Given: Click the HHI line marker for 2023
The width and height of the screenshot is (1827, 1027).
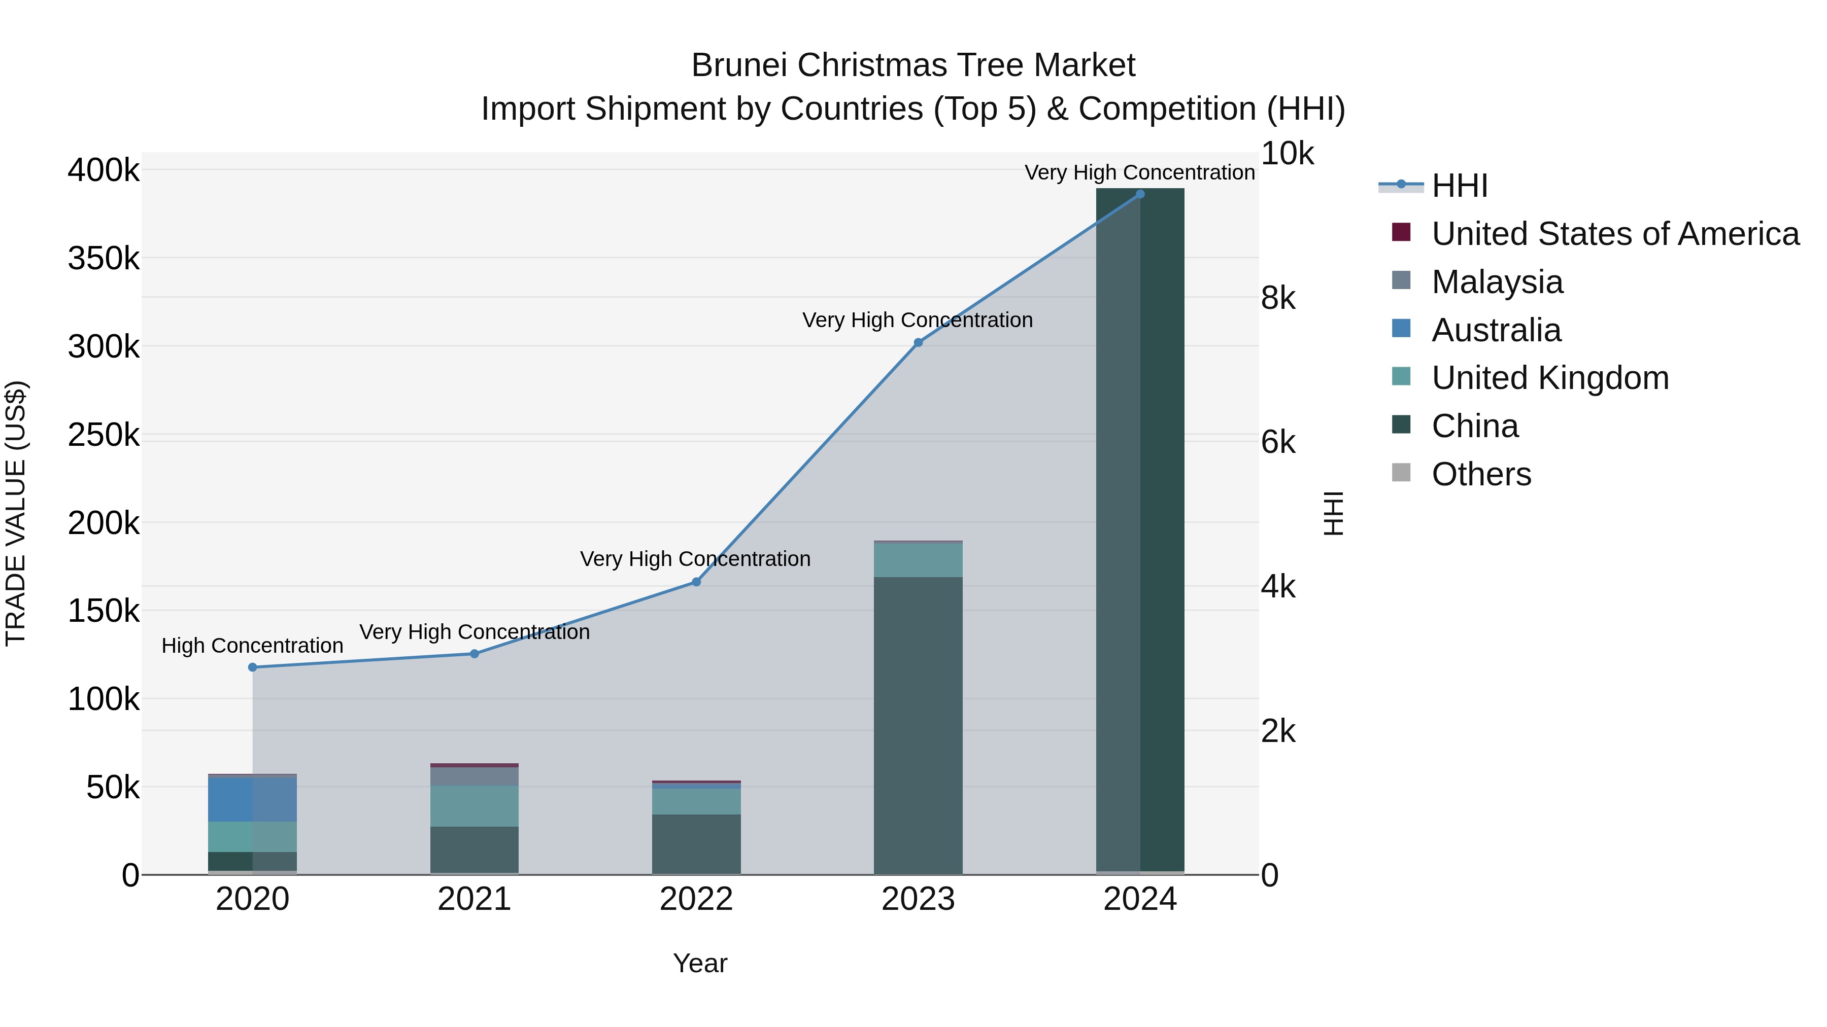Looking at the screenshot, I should tap(918, 342).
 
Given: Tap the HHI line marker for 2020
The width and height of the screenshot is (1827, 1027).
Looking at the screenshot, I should tap(253, 667).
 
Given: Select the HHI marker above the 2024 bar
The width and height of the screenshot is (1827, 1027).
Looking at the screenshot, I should tap(1140, 194).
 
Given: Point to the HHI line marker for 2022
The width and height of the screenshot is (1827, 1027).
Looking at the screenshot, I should tap(696, 582).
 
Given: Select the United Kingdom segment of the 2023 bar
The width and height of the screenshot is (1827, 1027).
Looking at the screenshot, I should tap(918, 560).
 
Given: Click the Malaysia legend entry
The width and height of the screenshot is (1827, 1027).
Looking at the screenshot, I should tap(1497, 282).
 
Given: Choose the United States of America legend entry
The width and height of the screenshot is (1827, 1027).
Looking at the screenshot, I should tap(1615, 234).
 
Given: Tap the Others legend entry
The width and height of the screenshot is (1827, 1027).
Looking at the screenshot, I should tap(1481, 474).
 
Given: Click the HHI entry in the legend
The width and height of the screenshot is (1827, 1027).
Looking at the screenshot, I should tap(1459, 186).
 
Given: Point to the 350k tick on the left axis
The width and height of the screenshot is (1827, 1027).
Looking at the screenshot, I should tap(104, 259).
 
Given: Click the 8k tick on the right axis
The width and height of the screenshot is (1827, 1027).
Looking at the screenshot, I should tap(1278, 298).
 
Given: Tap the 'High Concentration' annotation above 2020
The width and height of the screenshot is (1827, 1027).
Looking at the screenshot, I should tap(253, 646).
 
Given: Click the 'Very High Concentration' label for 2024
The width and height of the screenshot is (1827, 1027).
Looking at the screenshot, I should tap(1140, 172).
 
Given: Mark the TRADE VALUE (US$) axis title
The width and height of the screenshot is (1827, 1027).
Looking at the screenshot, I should tap(16, 513).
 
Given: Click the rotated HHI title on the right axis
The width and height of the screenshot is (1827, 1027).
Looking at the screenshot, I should tap(1333, 513).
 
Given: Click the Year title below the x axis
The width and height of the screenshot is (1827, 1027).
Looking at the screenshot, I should tap(700, 963).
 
